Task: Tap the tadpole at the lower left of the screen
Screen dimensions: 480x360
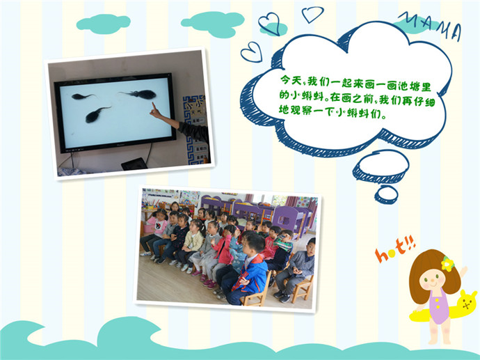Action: coord(97,115)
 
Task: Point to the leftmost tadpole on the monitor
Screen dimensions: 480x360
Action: coord(82,97)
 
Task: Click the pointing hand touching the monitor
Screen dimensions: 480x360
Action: coord(156,111)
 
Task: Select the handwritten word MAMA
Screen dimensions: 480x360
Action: coord(431,26)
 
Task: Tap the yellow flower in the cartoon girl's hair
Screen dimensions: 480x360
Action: coord(447,264)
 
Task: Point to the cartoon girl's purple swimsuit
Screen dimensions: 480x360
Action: coord(439,306)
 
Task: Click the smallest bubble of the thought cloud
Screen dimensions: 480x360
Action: coord(386,194)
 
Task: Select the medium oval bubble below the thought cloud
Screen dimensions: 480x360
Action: coord(381,166)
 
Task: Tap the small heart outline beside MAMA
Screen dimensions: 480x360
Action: coord(312,14)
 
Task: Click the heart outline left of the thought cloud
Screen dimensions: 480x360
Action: coord(252,52)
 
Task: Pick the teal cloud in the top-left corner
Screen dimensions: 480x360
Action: coord(103,24)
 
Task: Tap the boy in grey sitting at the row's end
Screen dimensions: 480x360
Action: coord(296,269)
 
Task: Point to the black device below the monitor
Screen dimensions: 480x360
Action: coord(134,164)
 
